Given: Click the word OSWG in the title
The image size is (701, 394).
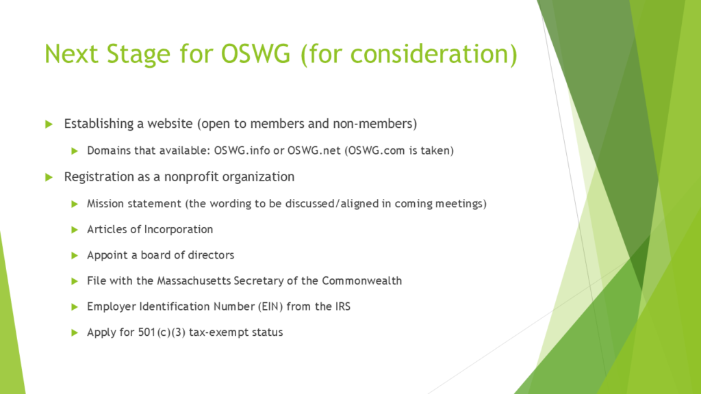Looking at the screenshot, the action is tap(256, 53).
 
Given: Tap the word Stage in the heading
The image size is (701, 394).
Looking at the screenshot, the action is tap(138, 55).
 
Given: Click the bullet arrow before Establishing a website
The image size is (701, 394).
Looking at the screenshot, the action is tap(49, 124).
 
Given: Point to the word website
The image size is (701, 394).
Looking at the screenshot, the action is tap(170, 123).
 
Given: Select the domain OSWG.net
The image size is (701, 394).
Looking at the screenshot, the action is tap(314, 150).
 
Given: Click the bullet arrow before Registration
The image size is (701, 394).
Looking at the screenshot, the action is tap(49, 177).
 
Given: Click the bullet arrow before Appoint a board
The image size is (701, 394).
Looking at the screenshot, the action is tap(75, 256).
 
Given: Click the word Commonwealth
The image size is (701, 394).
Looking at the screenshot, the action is tap(361, 281).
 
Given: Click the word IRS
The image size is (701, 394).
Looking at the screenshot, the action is tap(343, 306).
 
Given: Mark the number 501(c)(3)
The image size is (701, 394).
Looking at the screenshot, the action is tap(162, 332).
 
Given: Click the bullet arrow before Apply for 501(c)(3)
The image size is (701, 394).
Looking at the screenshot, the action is tap(75, 333).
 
